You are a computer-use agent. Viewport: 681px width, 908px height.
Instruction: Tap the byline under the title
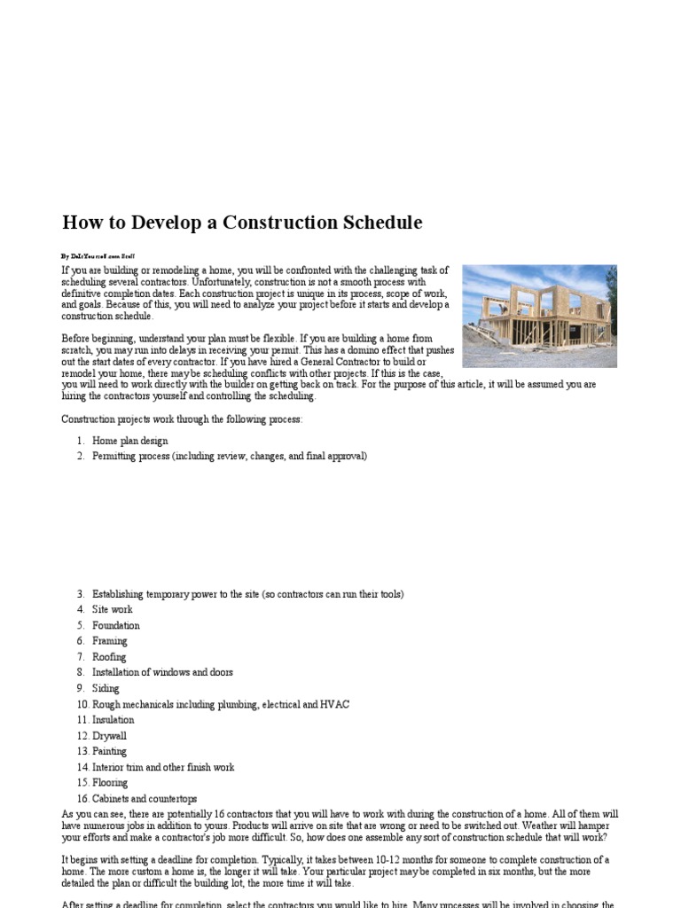98,255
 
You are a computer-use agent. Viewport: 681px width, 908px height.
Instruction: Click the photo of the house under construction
539,316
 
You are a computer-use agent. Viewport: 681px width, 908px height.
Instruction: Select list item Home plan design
129,441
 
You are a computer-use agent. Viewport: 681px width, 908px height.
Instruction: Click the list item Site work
112,610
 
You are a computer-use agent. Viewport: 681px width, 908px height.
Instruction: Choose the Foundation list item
115,625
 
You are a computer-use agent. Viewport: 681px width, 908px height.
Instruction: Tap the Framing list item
109,641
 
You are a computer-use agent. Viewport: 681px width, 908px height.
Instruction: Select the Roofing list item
109,657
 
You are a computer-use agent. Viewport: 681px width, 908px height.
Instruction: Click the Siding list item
106,688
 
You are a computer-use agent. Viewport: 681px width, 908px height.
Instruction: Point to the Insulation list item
113,720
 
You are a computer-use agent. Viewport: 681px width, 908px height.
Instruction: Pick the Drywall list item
109,736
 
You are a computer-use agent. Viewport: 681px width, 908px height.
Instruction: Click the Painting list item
109,751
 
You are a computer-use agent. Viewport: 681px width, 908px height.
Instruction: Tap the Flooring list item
110,783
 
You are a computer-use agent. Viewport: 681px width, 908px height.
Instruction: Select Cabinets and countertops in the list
145,799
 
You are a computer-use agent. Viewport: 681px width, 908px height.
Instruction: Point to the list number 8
79,673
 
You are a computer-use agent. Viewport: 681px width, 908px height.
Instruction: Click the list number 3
79,594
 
